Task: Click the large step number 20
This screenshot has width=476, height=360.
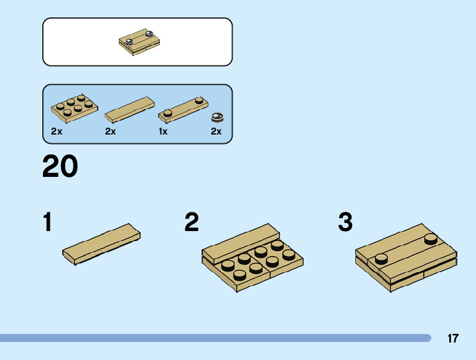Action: tap(60, 166)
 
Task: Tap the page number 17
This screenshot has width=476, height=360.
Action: tap(452, 339)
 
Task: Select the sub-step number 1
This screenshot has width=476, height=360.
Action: tap(47, 222)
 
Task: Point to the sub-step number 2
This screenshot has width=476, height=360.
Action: tap(192, 222)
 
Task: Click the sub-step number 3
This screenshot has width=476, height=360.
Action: tap(345, 222)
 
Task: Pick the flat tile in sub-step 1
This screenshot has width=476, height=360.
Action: tap(101, 244)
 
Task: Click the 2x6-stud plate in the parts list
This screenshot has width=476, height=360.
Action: tap(74, 108)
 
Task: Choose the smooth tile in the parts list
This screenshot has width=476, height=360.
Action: tap(129, 108)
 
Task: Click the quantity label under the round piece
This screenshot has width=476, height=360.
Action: tap(216, 131)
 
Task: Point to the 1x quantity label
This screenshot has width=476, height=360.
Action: tap(163, 131)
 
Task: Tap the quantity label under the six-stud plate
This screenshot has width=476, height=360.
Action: tap(57, 131)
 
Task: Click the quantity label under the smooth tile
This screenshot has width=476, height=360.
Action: tap(111, 131)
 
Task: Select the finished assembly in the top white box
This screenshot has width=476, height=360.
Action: tap(137, 42)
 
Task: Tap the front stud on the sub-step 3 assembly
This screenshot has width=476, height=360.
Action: tap(381, 258)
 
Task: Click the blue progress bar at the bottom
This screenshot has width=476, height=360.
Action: tap(215, 338)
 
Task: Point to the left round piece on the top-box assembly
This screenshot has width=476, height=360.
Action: tap(129, 42)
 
